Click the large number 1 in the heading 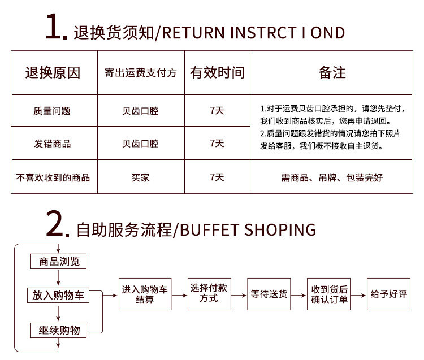coord(57,28)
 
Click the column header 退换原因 coord(53,72)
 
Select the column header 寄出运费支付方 coord(141,73)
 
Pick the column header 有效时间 coord(217,72)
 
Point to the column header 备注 coord(332,72)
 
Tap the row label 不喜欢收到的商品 coord(53,177)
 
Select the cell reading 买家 coord(141,177)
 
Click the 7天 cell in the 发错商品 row coord(217,144)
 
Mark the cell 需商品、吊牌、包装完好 coord(332,177)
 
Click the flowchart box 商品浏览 coord(59,261)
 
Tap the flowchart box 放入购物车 coord(59,295)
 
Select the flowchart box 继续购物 coord(59,330)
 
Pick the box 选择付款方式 coord(209,294)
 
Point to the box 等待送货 coord(269,294)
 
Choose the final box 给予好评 coord(389,294)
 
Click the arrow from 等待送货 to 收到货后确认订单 coord(298,294)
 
